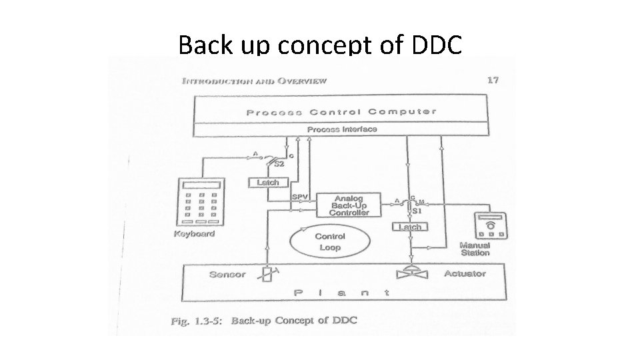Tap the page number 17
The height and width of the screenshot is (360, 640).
493,81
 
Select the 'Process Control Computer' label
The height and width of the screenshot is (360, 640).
341,112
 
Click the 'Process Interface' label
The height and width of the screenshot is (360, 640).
341,129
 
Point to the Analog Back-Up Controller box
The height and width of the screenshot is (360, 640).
349,205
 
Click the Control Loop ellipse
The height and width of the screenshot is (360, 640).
329,241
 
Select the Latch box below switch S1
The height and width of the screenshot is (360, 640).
409,227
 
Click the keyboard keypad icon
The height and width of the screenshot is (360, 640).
200,203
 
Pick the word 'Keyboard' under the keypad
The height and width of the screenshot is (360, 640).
194,234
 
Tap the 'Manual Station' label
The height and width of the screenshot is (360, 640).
475,249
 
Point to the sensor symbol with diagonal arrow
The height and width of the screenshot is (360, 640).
268,274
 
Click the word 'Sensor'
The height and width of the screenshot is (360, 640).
227,274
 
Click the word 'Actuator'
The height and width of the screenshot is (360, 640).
465,273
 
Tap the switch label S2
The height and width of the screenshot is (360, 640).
280,164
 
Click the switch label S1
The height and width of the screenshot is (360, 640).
417,211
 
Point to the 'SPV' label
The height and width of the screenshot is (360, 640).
300,197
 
